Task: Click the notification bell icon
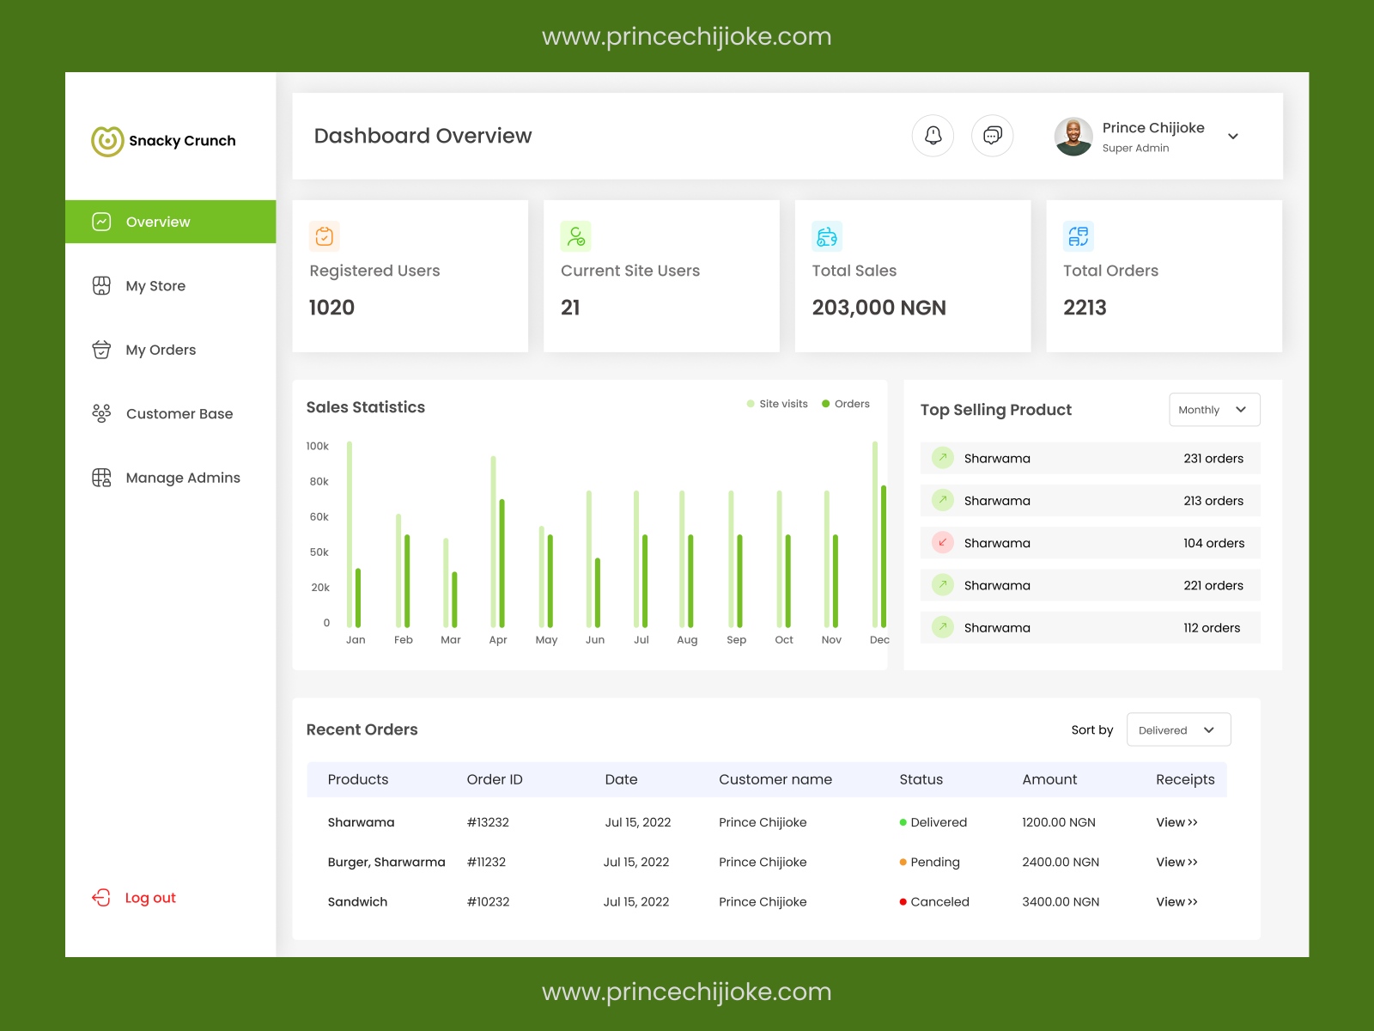pos(933,136)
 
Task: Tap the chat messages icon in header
pos(993,136)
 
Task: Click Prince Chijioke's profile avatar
pos(1073,137)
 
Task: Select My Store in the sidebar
pos(155,286)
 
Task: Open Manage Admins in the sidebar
pos(182,478)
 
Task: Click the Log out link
pos(149,898)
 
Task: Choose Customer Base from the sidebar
pos(179,414)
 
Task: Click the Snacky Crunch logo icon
pos(107,141)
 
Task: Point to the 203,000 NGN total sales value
pos(879,308)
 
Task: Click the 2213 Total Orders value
pos(1085,308)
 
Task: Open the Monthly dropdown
pos(1214,410)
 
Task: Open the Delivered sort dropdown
pos(1178,730)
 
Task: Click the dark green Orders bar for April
pos(502,563)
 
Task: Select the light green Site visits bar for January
pos(350,533)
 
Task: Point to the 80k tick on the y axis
pos(319,482)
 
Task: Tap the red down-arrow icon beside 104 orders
pos(943,543)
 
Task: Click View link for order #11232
pos(1176,863)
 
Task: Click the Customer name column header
pos(775,780)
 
